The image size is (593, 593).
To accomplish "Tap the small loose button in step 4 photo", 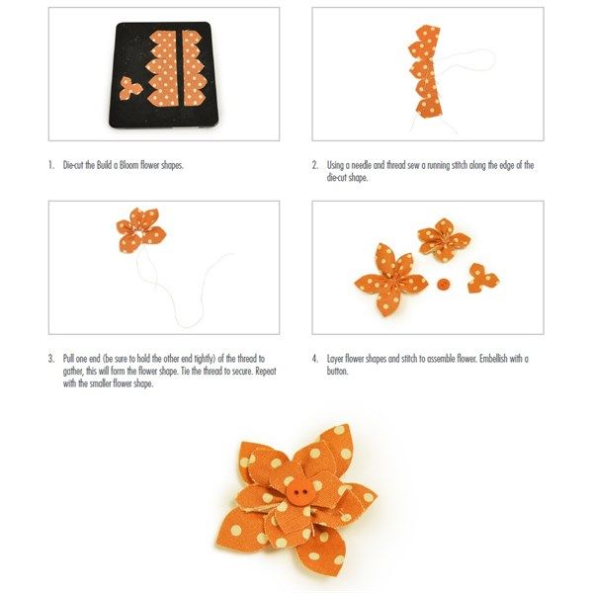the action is click(442, 284).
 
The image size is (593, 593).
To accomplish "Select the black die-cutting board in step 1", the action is click(162, 75).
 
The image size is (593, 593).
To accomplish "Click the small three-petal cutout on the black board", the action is click(130, 89).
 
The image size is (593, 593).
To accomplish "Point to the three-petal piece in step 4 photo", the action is click(482, 279).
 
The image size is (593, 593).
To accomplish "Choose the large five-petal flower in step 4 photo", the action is click(390, 280).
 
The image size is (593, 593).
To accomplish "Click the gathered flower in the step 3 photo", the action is click(141, 230).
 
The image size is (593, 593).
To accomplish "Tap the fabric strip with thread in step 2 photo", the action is click(425, 71).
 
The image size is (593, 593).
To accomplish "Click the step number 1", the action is click(51, 165).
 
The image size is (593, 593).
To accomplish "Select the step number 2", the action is click(315, 165).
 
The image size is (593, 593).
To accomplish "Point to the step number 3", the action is click(51, 359).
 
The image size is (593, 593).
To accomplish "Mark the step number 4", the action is click(315, 359).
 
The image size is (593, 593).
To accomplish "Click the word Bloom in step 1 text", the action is click(128, 165).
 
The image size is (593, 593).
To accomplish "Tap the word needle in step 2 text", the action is click(361, 165).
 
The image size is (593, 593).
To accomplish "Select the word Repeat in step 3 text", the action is click(266, 372).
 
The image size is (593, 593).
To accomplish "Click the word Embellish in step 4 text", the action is click(493, 359).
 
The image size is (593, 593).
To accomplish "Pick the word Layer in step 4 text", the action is click(335, 360).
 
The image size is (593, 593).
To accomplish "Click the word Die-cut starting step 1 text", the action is click(73, 165).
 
